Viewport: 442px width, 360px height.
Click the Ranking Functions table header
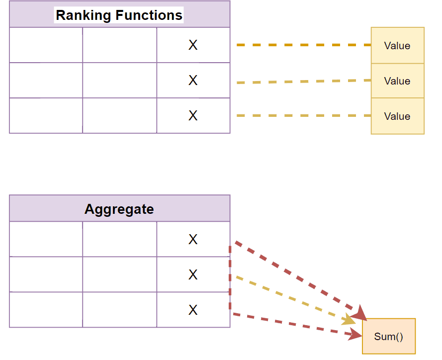[119, 15]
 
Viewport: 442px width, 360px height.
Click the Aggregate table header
[119, 209]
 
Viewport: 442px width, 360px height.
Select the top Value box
[397, 46]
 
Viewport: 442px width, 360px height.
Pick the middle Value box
[397, 81]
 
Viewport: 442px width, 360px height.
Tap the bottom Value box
[397, 116]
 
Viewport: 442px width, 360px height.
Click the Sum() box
[388, 337]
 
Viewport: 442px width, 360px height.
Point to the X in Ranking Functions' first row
[193, 45]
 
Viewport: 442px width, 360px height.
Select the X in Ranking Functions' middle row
[193, 81]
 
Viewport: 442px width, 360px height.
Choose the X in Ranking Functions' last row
[193, 116]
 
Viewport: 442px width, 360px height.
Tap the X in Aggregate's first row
[193, 240]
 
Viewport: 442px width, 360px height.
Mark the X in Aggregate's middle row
[193, 274]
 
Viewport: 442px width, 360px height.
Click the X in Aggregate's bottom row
[193, 310]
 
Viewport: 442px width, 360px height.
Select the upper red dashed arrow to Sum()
[298, 279]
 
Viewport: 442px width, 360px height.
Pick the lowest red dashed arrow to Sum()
[298, 325]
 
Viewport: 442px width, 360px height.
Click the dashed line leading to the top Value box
[303, 45]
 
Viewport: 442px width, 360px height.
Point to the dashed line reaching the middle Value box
[303, 82]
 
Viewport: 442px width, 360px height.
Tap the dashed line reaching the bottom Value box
[303, 116]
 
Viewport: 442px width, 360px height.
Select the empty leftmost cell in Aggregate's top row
[46, 239]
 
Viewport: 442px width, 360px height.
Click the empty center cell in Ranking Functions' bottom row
[119, 116]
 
